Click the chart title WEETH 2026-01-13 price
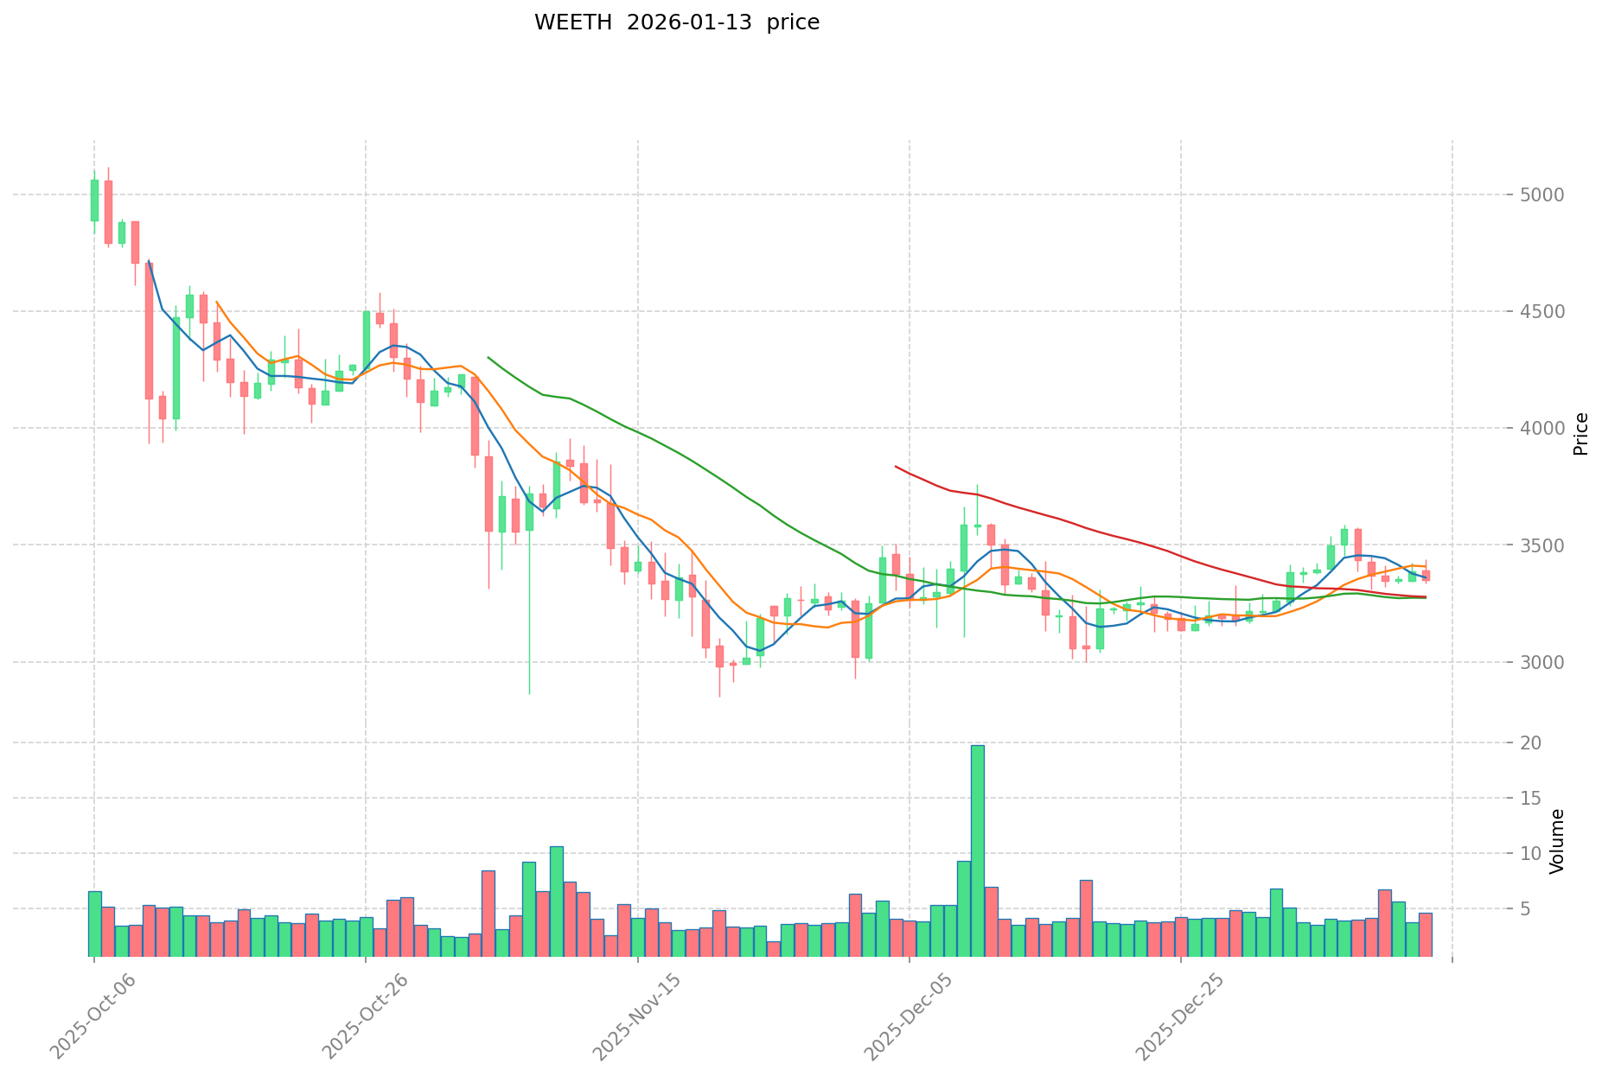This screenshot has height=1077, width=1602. click(x=676, y=22)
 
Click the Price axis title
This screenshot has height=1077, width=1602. click(x=1580, y=433)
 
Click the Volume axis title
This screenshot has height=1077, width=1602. click(x=1557, y=841)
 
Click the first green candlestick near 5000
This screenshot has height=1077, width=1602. click(x=94, y=200)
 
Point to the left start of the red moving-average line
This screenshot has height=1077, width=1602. click(x=896, y=467)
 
